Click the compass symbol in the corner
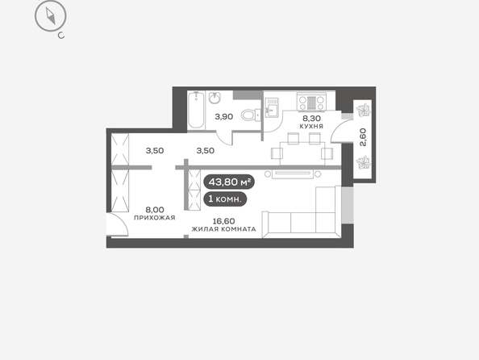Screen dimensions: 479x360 (x=51, y=16)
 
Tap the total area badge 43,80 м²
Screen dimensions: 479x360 (x=229, y=182)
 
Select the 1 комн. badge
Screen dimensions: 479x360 (x=225, y=199)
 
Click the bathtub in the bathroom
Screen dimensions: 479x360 (x=196, y=110)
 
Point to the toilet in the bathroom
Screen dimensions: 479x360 (x=251, y=115)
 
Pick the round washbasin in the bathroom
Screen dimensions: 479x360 (x=215, y=98)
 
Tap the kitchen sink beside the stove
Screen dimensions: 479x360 (x=272, y=107)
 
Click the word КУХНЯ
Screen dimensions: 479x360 (x=311, y=126)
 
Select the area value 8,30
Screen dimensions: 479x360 (x=311, y=118)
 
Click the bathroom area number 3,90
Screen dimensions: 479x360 (x=224, y=116)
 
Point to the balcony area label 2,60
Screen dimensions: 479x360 (x=363, y=137)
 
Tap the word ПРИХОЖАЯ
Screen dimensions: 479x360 (x=155, y=218)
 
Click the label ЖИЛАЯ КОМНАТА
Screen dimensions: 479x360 (x=223, y=229)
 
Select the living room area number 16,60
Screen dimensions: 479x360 (x=223, y=221)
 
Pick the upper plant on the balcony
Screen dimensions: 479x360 (x=364, y=110)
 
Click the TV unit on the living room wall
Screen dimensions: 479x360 (x=293, y=174)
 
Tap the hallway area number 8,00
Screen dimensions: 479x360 (x=155, y=210)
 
